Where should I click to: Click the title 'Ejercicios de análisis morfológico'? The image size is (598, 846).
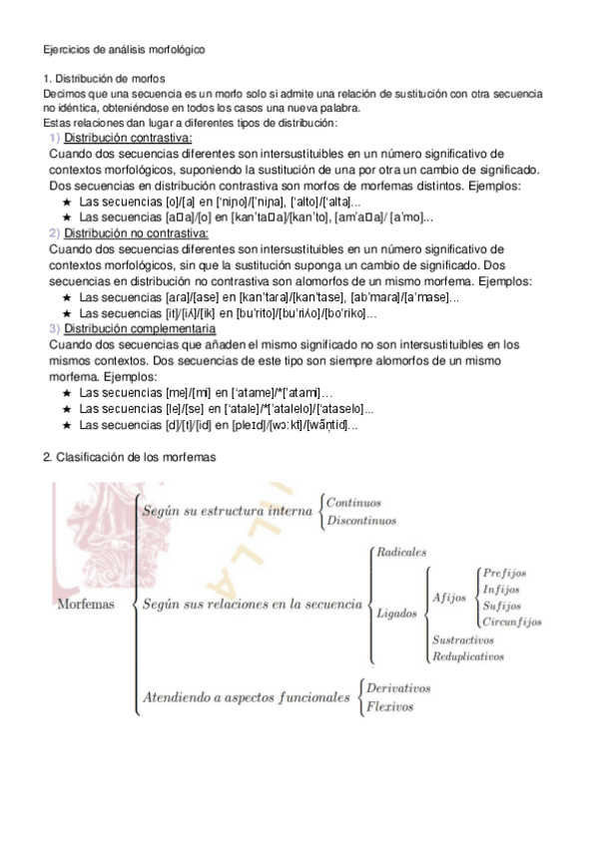click(x=125, y=47)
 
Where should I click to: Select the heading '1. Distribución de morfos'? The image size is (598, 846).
click(x=104, y=78)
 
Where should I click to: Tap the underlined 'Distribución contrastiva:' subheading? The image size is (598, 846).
click(x=128, y=138)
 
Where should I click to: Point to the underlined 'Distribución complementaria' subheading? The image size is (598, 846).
click(x=139, y=328)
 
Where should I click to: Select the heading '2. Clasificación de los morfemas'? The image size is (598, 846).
click(x=123, y=457)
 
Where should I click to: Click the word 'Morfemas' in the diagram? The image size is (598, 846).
click(x=85, y=605)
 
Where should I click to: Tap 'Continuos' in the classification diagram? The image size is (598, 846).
click(x=353, y=503)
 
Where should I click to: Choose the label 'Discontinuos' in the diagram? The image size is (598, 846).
click(x=361, y=520)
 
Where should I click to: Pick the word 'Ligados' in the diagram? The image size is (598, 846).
click(x=396, y=614)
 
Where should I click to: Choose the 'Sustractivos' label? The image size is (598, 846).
click(x=462, y=639)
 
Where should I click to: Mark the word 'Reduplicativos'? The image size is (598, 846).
click(x=467, y=655)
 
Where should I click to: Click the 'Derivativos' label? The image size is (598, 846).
click(x=397, y=688)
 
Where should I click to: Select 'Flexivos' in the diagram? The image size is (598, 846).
click(x=388, y=706)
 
